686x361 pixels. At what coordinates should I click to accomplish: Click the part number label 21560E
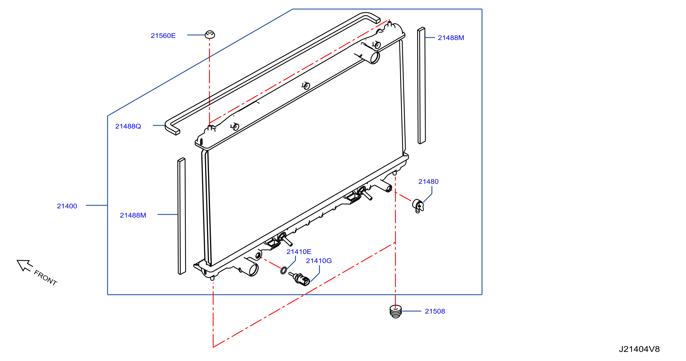[163, 36]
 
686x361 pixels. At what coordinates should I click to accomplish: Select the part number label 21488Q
[128, 126]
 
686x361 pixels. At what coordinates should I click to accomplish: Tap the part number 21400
[67, 206]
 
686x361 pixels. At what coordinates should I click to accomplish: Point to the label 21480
[428, 181]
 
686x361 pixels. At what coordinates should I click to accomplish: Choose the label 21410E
[299, 252]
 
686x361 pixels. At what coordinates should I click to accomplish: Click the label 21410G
[319, 261]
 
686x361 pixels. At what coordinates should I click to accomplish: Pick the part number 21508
[435, 311]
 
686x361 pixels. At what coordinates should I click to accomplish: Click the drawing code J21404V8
[639, 349]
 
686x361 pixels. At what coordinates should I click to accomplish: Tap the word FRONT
[46, 278]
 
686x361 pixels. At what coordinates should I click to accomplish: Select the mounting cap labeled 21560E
[210, 35]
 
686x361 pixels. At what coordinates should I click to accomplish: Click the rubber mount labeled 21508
[396, 311]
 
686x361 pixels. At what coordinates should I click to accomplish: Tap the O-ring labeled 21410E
[284, 271]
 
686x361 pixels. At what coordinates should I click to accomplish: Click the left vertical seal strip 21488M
[182, 216]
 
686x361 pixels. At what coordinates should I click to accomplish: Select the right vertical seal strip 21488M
[421, 85]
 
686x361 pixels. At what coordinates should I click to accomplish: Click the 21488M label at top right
[451, 38]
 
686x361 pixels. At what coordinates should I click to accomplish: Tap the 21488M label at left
[133, 215]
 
